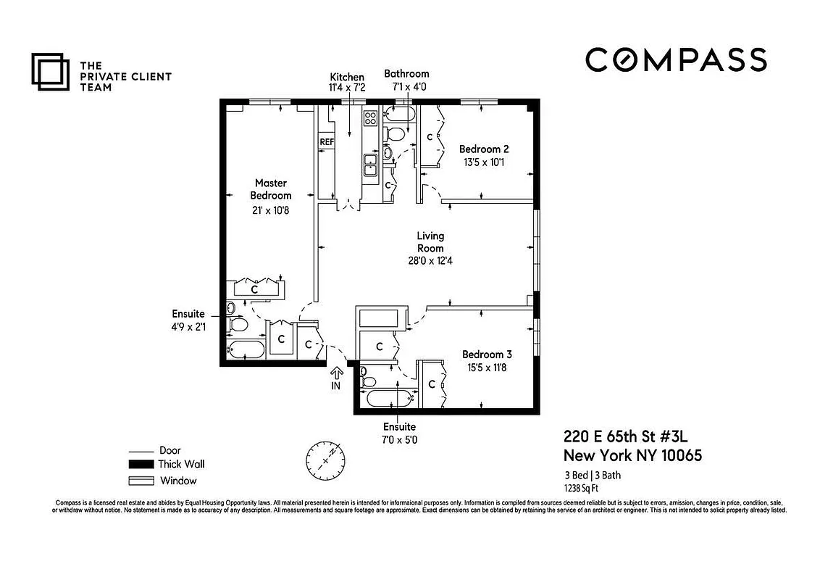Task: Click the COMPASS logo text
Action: [675, 59]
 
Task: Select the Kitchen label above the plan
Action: [347, 78]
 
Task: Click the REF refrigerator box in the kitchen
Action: [327, 142]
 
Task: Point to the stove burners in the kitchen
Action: [370, 119]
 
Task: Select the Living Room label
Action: [430, 241]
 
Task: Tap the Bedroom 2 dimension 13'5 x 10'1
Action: [483, 162]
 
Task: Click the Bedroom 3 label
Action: [487, 355]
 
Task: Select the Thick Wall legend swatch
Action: [141, 465]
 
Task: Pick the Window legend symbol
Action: [141, 481]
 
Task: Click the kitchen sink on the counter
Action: [370, 164]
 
